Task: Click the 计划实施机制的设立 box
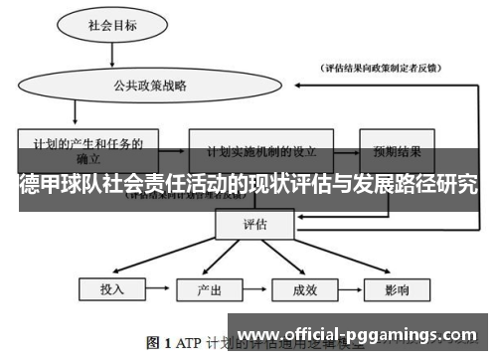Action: [261, 152]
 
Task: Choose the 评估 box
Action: [255, 225]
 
